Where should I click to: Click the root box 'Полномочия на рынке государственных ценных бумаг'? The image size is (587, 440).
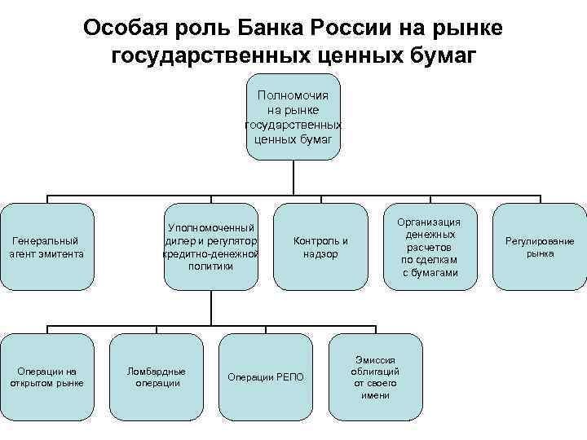click(x=293, y=117)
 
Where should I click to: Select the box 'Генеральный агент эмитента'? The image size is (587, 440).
click(x=47, y=247)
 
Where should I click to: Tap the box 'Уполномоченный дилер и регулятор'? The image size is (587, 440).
click(x=211, y=247)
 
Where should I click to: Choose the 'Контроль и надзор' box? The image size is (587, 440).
click(x=320, y=247)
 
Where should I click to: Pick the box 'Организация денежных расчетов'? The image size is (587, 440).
click(x=430, y=247)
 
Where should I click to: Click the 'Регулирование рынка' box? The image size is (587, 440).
click(x=540, y=247)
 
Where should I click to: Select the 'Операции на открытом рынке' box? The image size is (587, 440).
click(x=47, y=377)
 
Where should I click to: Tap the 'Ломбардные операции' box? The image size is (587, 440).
click(x=157, y=377)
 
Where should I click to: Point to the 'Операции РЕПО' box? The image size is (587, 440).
click(x=266, y=377)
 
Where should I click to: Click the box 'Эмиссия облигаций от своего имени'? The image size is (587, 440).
click(x=375, y=377)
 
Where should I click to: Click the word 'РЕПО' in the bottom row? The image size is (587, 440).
click(x=288, y=376)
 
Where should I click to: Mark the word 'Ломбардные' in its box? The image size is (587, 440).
click(x=157, y=371)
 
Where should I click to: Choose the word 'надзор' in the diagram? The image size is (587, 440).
click(x=320, y=254)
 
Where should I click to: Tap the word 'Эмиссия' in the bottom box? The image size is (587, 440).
click(x=375, y=359)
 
